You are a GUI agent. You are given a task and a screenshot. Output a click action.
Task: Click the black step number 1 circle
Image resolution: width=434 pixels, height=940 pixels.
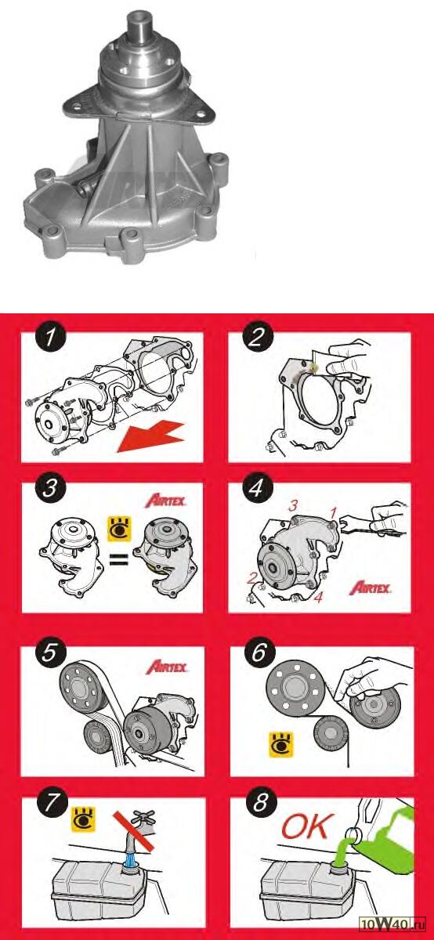(x=50, y=338)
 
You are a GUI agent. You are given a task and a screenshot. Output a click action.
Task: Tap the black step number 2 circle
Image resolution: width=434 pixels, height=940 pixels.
(x=257, y=337)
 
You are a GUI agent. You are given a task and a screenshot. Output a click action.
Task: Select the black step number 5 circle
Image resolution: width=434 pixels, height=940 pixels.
(x=50, y=653)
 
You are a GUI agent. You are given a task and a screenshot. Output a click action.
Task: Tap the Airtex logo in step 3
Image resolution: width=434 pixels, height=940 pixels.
(x=165, y=501)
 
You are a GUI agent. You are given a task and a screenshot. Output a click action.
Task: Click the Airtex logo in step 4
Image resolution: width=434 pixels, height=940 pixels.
(x=370, y=588)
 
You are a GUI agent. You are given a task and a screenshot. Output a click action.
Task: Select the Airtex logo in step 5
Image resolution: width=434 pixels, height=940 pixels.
(x=167, y=667)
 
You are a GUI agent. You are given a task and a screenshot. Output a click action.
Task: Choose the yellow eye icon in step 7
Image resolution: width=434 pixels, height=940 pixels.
(x=84, y=819)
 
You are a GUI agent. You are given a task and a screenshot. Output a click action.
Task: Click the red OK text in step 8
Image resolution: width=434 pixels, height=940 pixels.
(x=306, y=826)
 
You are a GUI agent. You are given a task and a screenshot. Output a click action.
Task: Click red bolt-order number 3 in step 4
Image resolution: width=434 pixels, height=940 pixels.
(x=292, y=506)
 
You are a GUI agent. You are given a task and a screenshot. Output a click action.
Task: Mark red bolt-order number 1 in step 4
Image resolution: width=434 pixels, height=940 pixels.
(x=333, y=512)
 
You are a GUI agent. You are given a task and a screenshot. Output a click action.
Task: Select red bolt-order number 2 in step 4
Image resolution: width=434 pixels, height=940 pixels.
(x=251, y=579)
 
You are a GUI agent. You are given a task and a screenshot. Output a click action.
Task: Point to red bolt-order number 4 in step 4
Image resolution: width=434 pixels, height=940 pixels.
(x=319, y=597)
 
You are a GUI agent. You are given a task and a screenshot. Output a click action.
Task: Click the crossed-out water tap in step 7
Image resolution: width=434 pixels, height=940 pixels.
(x=136, y=829)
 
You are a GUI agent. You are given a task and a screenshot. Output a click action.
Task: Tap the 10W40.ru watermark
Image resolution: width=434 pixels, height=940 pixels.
(x=392, y=931)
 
